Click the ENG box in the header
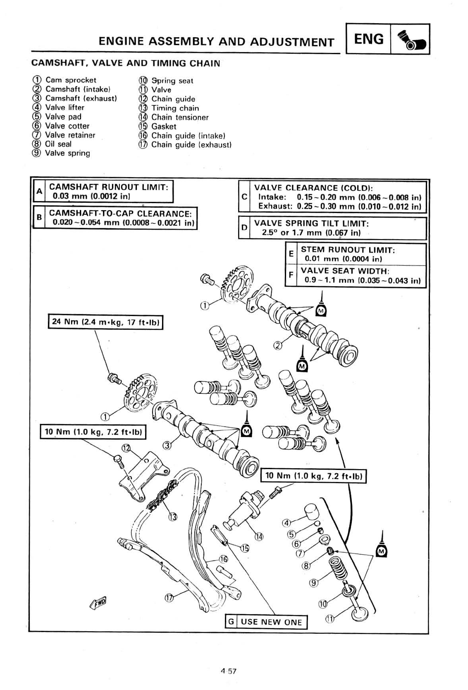click(x=369, y=39)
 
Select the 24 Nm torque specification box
click(x=105, y=322)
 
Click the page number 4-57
click(x=228, y=671)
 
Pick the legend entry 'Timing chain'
click(x=175, y=108)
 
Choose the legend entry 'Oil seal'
click(x=58, y=144)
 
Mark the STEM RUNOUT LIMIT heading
click(x=348, y=250)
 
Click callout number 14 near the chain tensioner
click(x=258, y=537)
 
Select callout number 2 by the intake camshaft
click(x=278, y=346)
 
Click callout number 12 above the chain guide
click(x=126, y=448)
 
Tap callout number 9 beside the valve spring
click(x=314, y=583)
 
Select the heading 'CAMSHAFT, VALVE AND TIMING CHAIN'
click(x=126, y=63)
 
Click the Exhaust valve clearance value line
click(x=339, y=206)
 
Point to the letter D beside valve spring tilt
click(x=244, y=228)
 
